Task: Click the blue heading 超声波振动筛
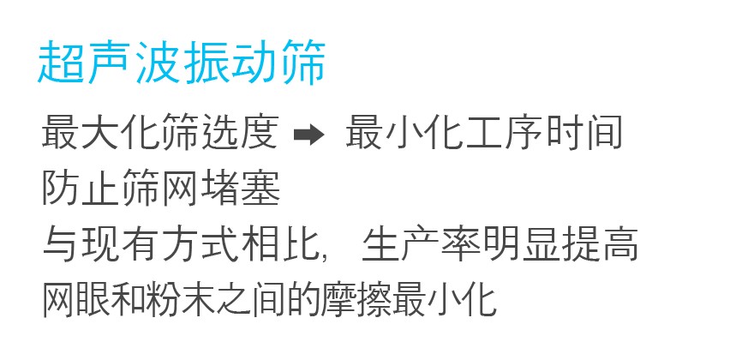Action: point(182,62)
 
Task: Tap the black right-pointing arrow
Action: point(309,135)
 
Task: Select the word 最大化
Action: point(100,132)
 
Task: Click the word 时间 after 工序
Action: point(583,132)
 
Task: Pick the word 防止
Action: point(81,189)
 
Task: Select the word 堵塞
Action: point(241,189)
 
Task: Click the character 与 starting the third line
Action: point(61,244)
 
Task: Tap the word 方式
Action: point(200,244)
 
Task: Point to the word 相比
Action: point(280,244)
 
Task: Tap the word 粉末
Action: point(200,300)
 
